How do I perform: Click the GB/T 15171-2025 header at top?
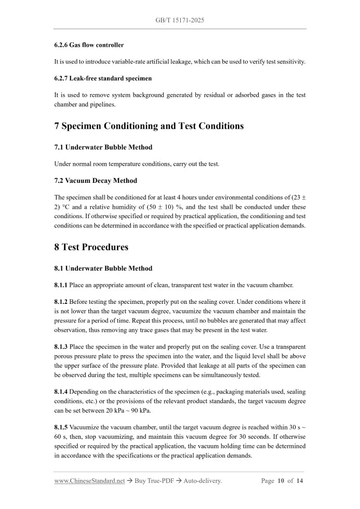tap(180, 20)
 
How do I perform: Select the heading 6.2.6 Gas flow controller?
tap(89, 45)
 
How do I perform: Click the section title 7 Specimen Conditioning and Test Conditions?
tap(149, 126)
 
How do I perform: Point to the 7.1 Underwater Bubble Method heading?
tap(103, 148)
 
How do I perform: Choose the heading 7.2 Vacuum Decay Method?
tap(96, 181)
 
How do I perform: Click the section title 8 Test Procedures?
tap(91, 247)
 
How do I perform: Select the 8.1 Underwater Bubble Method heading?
tap(103, 269)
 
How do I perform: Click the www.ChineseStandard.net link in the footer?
tap(89, 481)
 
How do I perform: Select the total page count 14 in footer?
tap(299, 481)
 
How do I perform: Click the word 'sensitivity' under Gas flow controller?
tap(289, 62)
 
